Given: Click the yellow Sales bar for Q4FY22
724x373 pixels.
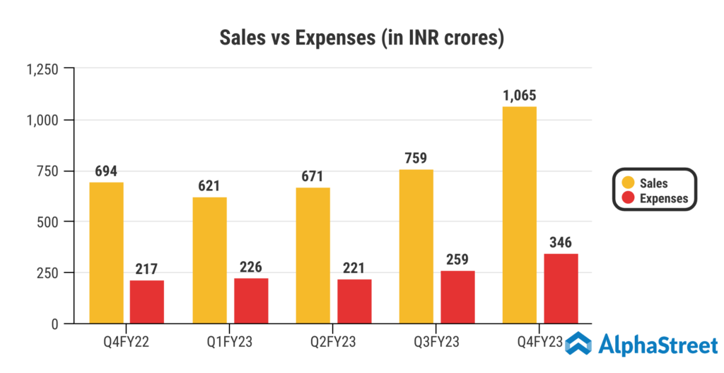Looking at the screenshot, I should [106, 253].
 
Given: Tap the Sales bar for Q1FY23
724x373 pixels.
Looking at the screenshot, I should [210, 260].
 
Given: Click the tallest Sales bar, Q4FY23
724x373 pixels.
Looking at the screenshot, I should [519, 215].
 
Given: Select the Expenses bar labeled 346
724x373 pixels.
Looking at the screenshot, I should [561, 288].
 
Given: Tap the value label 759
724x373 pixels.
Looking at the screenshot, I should [416, 157].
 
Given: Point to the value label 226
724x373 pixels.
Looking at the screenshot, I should [251, 267].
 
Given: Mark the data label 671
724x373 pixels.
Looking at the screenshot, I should [313, 175].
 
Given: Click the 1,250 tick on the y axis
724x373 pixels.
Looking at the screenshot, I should [42, 69].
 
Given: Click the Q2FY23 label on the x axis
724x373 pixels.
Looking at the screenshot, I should [333, 343].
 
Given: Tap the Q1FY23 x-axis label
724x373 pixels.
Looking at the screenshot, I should [230, 343].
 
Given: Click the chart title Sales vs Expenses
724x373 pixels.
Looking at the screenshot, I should [361, 38].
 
